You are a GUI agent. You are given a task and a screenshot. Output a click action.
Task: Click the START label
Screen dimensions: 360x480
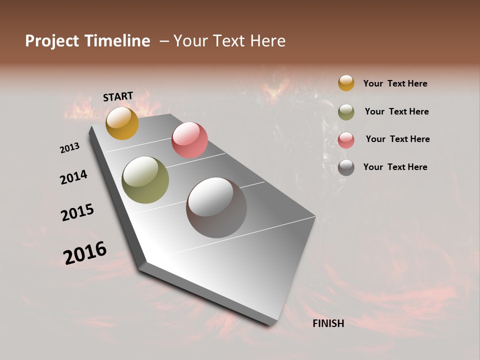click(x=118, y=96)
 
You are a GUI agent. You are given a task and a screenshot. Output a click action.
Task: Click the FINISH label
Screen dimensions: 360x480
click(x=328, y=323)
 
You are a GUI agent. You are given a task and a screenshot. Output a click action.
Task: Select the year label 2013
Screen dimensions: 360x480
click(x=70, y=148)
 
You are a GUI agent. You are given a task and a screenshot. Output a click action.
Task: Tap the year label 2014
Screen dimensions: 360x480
click(x=73, y=177)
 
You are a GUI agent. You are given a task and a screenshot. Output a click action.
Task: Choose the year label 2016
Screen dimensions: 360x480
click(x=85, y=252)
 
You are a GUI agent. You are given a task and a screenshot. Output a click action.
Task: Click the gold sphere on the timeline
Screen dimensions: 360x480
click(x=122, y=123)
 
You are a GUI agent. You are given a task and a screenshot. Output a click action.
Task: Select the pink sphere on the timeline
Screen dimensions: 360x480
click(x=189, y=140)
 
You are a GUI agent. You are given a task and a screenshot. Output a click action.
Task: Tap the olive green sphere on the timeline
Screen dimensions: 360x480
click(x=145, y=180)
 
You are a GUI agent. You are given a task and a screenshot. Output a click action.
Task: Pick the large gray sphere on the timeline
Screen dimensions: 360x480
click(x=216, y=207)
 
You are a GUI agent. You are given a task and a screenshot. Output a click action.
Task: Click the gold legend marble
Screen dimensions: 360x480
click(x=346, y=83)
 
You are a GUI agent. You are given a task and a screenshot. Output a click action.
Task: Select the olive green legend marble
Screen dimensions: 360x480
click(x=346, y=112)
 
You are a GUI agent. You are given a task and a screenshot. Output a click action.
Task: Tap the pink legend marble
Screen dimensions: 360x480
click(x=346, y=140)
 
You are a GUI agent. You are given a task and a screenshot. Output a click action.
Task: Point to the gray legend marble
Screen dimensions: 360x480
click(x=346, y=167)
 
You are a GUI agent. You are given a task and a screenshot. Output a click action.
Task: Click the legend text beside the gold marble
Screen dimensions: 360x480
click(x=395, y=83)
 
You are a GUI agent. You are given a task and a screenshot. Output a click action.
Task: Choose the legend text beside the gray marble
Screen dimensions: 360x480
click(x=395, y=167)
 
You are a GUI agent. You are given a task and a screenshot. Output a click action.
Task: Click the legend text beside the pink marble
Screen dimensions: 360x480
click(x=397, y=139)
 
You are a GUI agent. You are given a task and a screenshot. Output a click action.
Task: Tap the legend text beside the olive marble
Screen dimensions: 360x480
click(x=396, y=111)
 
